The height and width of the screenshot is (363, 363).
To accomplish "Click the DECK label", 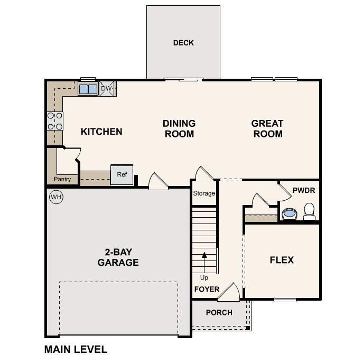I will pos(183,43).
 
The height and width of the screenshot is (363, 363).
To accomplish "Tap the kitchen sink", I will pos(88,89).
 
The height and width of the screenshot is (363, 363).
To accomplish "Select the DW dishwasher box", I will pos(107,89).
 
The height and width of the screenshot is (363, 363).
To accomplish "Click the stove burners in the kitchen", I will pos(55,121).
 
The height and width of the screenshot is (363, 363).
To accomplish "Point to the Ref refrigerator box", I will pos(122,175).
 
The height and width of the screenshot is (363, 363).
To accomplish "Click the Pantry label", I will pos(62,179).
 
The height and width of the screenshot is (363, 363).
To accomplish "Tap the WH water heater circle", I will pos(55,198).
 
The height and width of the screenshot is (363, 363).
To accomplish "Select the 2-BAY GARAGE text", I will pos(118,257).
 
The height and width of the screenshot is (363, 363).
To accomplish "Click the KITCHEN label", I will pos(101,132).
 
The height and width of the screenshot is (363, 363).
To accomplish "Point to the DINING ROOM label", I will pos(179,128).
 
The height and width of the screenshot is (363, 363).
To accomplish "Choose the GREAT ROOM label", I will pos(267,128).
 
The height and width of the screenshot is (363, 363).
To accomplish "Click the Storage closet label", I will pos(204,193).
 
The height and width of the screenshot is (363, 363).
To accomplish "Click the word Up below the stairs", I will pos(204,277).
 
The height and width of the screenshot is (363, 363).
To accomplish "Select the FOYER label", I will pos(207,289).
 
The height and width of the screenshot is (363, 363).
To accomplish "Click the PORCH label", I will pos(219,312).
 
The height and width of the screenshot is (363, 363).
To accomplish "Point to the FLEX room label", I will pos(282,260).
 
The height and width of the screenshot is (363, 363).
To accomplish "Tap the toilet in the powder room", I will pos(309,211).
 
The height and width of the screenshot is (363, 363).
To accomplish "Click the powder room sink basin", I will pos(289,214).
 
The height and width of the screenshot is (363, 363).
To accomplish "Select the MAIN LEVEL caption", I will pos(76,349).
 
